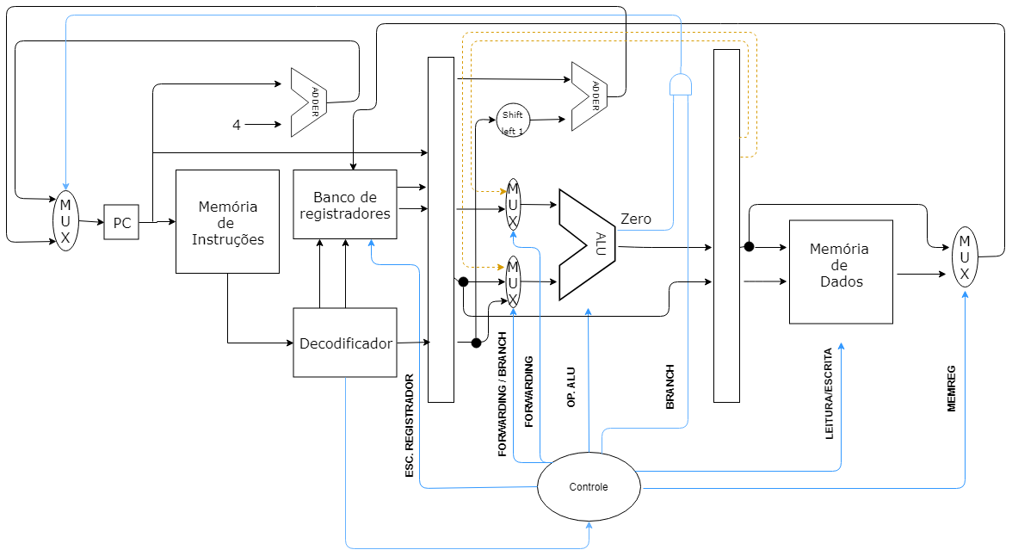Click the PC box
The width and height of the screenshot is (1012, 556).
click(121, 222)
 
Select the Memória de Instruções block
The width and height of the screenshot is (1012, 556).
click(227, 221)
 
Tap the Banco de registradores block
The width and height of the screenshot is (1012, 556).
click(345, 205)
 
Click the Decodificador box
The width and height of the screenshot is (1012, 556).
click(345, 343)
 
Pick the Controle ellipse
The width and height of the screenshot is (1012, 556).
click(589, 486)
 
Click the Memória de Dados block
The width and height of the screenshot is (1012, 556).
click(840, 271)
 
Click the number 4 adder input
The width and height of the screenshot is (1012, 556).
click(237, 125)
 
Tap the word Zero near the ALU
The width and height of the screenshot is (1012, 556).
click(636, 219)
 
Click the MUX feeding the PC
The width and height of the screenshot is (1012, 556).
click(65, 220)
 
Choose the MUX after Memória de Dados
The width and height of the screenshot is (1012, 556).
click(965, 256)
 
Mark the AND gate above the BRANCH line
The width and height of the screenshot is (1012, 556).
click(680, 84)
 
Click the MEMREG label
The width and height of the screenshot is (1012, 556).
click(952, 387)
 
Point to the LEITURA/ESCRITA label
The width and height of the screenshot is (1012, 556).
click(830, 393)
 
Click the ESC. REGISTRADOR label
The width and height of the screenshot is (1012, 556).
click(410, 425)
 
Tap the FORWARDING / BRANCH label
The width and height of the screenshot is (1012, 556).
click(503, 393)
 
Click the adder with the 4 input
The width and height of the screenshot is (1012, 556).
click(305, 102)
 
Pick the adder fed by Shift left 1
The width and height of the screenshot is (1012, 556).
click(589, 96)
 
